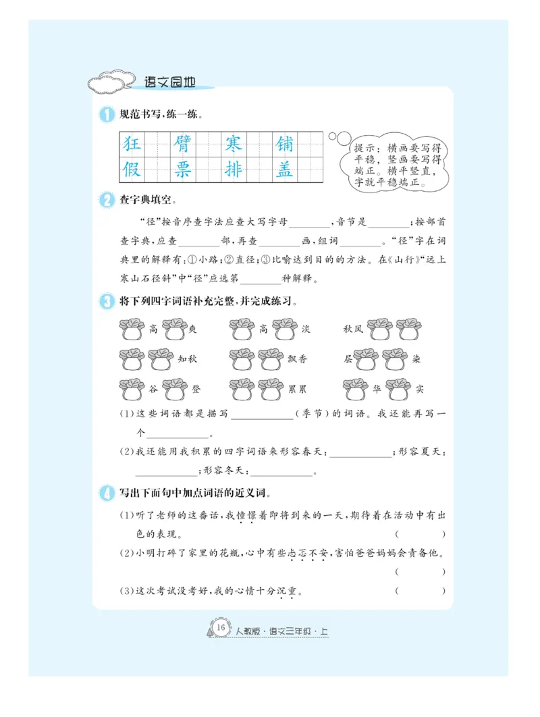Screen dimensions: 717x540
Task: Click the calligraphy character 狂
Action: coord(131,144)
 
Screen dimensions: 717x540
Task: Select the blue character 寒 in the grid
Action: coord(234,144)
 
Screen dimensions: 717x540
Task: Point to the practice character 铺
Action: coord(285,144)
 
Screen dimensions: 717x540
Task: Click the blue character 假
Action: coord(131,169)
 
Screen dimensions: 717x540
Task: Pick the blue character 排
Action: coord(234,169)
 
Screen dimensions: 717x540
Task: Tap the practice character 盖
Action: coord(285,169)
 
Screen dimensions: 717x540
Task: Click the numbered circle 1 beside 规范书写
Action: coord(107,115)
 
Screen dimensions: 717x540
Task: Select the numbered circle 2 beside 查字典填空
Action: coord(107,200)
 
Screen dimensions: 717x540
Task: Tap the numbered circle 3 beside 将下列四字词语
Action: coord(107,301)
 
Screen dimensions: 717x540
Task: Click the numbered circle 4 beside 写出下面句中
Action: coord(107,492)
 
